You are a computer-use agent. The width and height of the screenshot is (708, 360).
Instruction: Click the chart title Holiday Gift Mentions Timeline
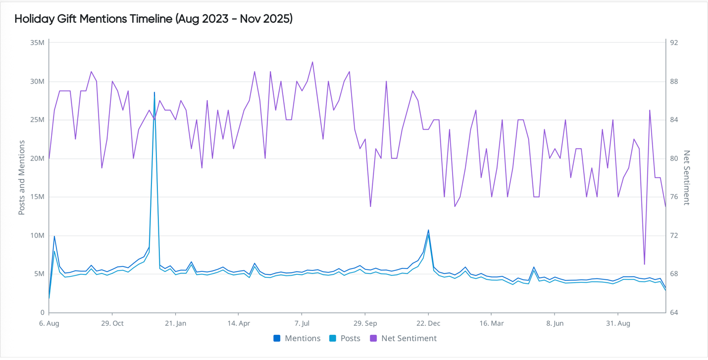coord(153,19)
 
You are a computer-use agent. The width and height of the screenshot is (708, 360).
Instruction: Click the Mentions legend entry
coord(302,339)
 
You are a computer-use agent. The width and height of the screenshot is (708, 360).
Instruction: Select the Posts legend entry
coord(350,339)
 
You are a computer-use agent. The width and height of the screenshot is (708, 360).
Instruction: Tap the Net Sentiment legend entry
coord(408,339)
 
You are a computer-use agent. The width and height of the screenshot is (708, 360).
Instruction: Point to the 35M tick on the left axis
coord(38,43)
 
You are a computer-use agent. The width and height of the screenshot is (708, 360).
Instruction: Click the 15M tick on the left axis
coord(38,197)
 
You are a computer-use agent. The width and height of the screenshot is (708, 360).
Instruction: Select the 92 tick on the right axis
coord(674,43)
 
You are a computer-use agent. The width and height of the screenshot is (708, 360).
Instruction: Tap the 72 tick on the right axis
coord(674,236)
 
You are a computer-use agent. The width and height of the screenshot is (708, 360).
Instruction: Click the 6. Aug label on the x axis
coord(49,323)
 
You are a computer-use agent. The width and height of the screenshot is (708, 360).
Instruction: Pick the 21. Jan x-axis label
coord(175,323)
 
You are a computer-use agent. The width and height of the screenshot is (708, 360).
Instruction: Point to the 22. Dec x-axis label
coord(428,323)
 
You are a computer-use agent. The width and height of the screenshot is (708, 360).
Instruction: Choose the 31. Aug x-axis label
coord(618,323)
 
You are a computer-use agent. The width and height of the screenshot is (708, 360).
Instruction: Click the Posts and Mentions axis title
coord(22,177)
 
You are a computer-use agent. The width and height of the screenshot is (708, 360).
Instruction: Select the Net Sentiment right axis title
coord(686,177)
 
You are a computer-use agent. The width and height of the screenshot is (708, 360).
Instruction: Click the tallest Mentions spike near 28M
coord(154,93)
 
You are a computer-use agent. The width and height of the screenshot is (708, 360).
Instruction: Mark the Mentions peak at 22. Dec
coord(428,230)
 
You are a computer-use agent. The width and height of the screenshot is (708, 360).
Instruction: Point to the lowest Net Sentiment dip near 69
coord(644,264)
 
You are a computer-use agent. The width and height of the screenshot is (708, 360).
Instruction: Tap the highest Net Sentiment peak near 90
coord(312,62)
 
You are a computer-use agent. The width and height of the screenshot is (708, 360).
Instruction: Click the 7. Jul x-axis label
coord(302,323)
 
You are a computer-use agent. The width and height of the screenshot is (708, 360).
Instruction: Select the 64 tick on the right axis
coord(674,313)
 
